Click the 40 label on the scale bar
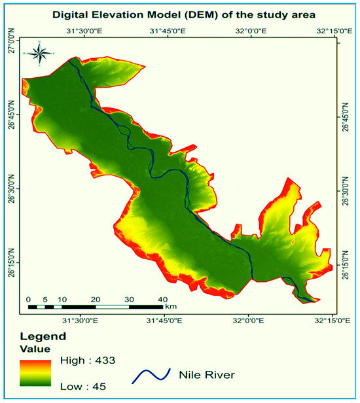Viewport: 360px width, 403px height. point(163,299)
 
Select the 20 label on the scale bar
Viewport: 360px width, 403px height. point(96,299)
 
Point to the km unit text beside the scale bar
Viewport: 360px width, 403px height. point(171,306)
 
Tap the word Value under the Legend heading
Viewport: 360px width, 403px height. point(35,349)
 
